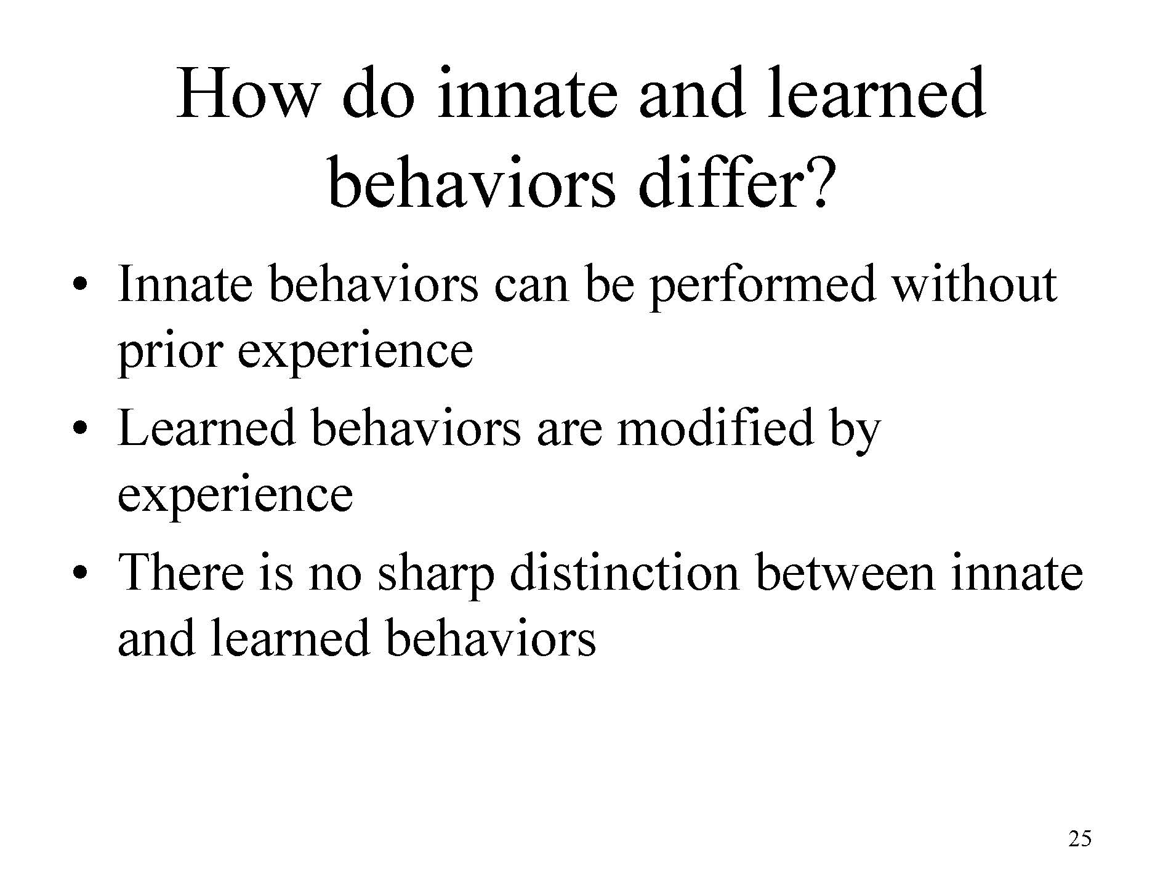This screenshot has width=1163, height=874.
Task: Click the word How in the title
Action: [x=246, y=92]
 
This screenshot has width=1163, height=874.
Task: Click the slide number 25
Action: [x=1080, y=839]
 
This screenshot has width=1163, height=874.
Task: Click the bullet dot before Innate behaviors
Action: [x=78, y=286]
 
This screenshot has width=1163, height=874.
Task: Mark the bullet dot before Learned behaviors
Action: [x=78, y=430]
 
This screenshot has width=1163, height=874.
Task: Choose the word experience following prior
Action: [x=355, y=353]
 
